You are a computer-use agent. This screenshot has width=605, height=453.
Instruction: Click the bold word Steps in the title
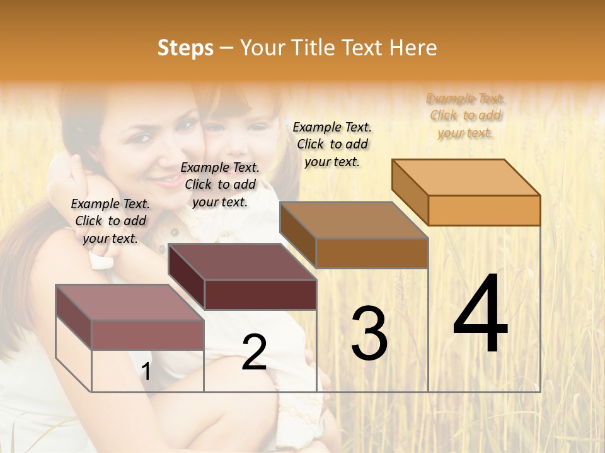click(185, 48)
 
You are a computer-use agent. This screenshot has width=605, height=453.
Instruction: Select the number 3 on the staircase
click(369, 333)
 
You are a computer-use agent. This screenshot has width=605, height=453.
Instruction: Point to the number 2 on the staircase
click(254, 352)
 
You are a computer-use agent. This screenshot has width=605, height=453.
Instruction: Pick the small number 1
click(146, 371)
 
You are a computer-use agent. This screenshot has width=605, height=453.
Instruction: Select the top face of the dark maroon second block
click(243, 262)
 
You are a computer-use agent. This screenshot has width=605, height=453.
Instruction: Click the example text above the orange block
click(465, 116)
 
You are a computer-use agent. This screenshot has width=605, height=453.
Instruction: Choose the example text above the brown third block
click(332, 144)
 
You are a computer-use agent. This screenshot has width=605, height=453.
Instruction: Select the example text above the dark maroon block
click(220, 184)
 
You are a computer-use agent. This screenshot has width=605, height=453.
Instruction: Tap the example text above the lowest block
click(110, 221)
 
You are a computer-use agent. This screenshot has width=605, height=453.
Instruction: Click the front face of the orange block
click(484, 210)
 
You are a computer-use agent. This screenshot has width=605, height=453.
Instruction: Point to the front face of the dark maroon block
click(260, 294)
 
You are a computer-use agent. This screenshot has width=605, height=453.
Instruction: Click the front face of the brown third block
click(372, 253)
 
